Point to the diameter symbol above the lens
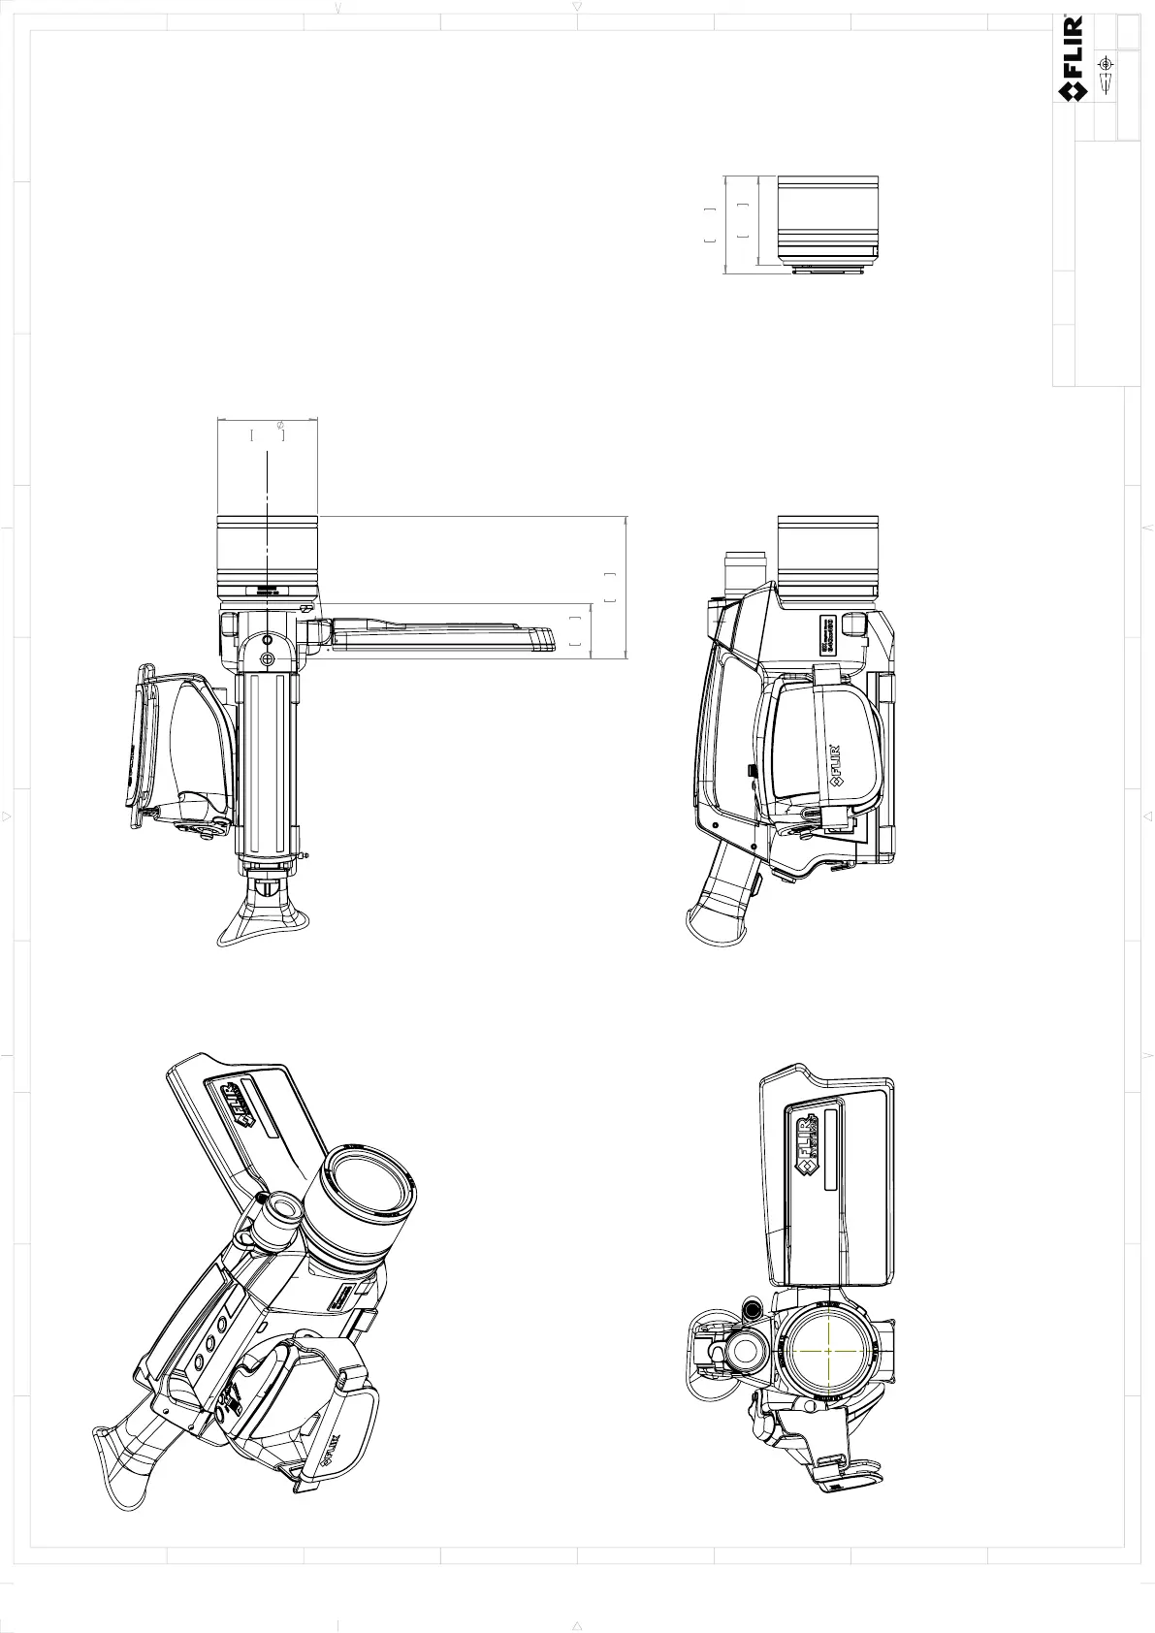(280, 426)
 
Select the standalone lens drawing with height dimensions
(829, 223)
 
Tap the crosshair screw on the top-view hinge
(268, 658)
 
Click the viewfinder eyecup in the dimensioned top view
(266, 916)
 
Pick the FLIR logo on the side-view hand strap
(833, 765)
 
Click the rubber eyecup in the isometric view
(126, 1465)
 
